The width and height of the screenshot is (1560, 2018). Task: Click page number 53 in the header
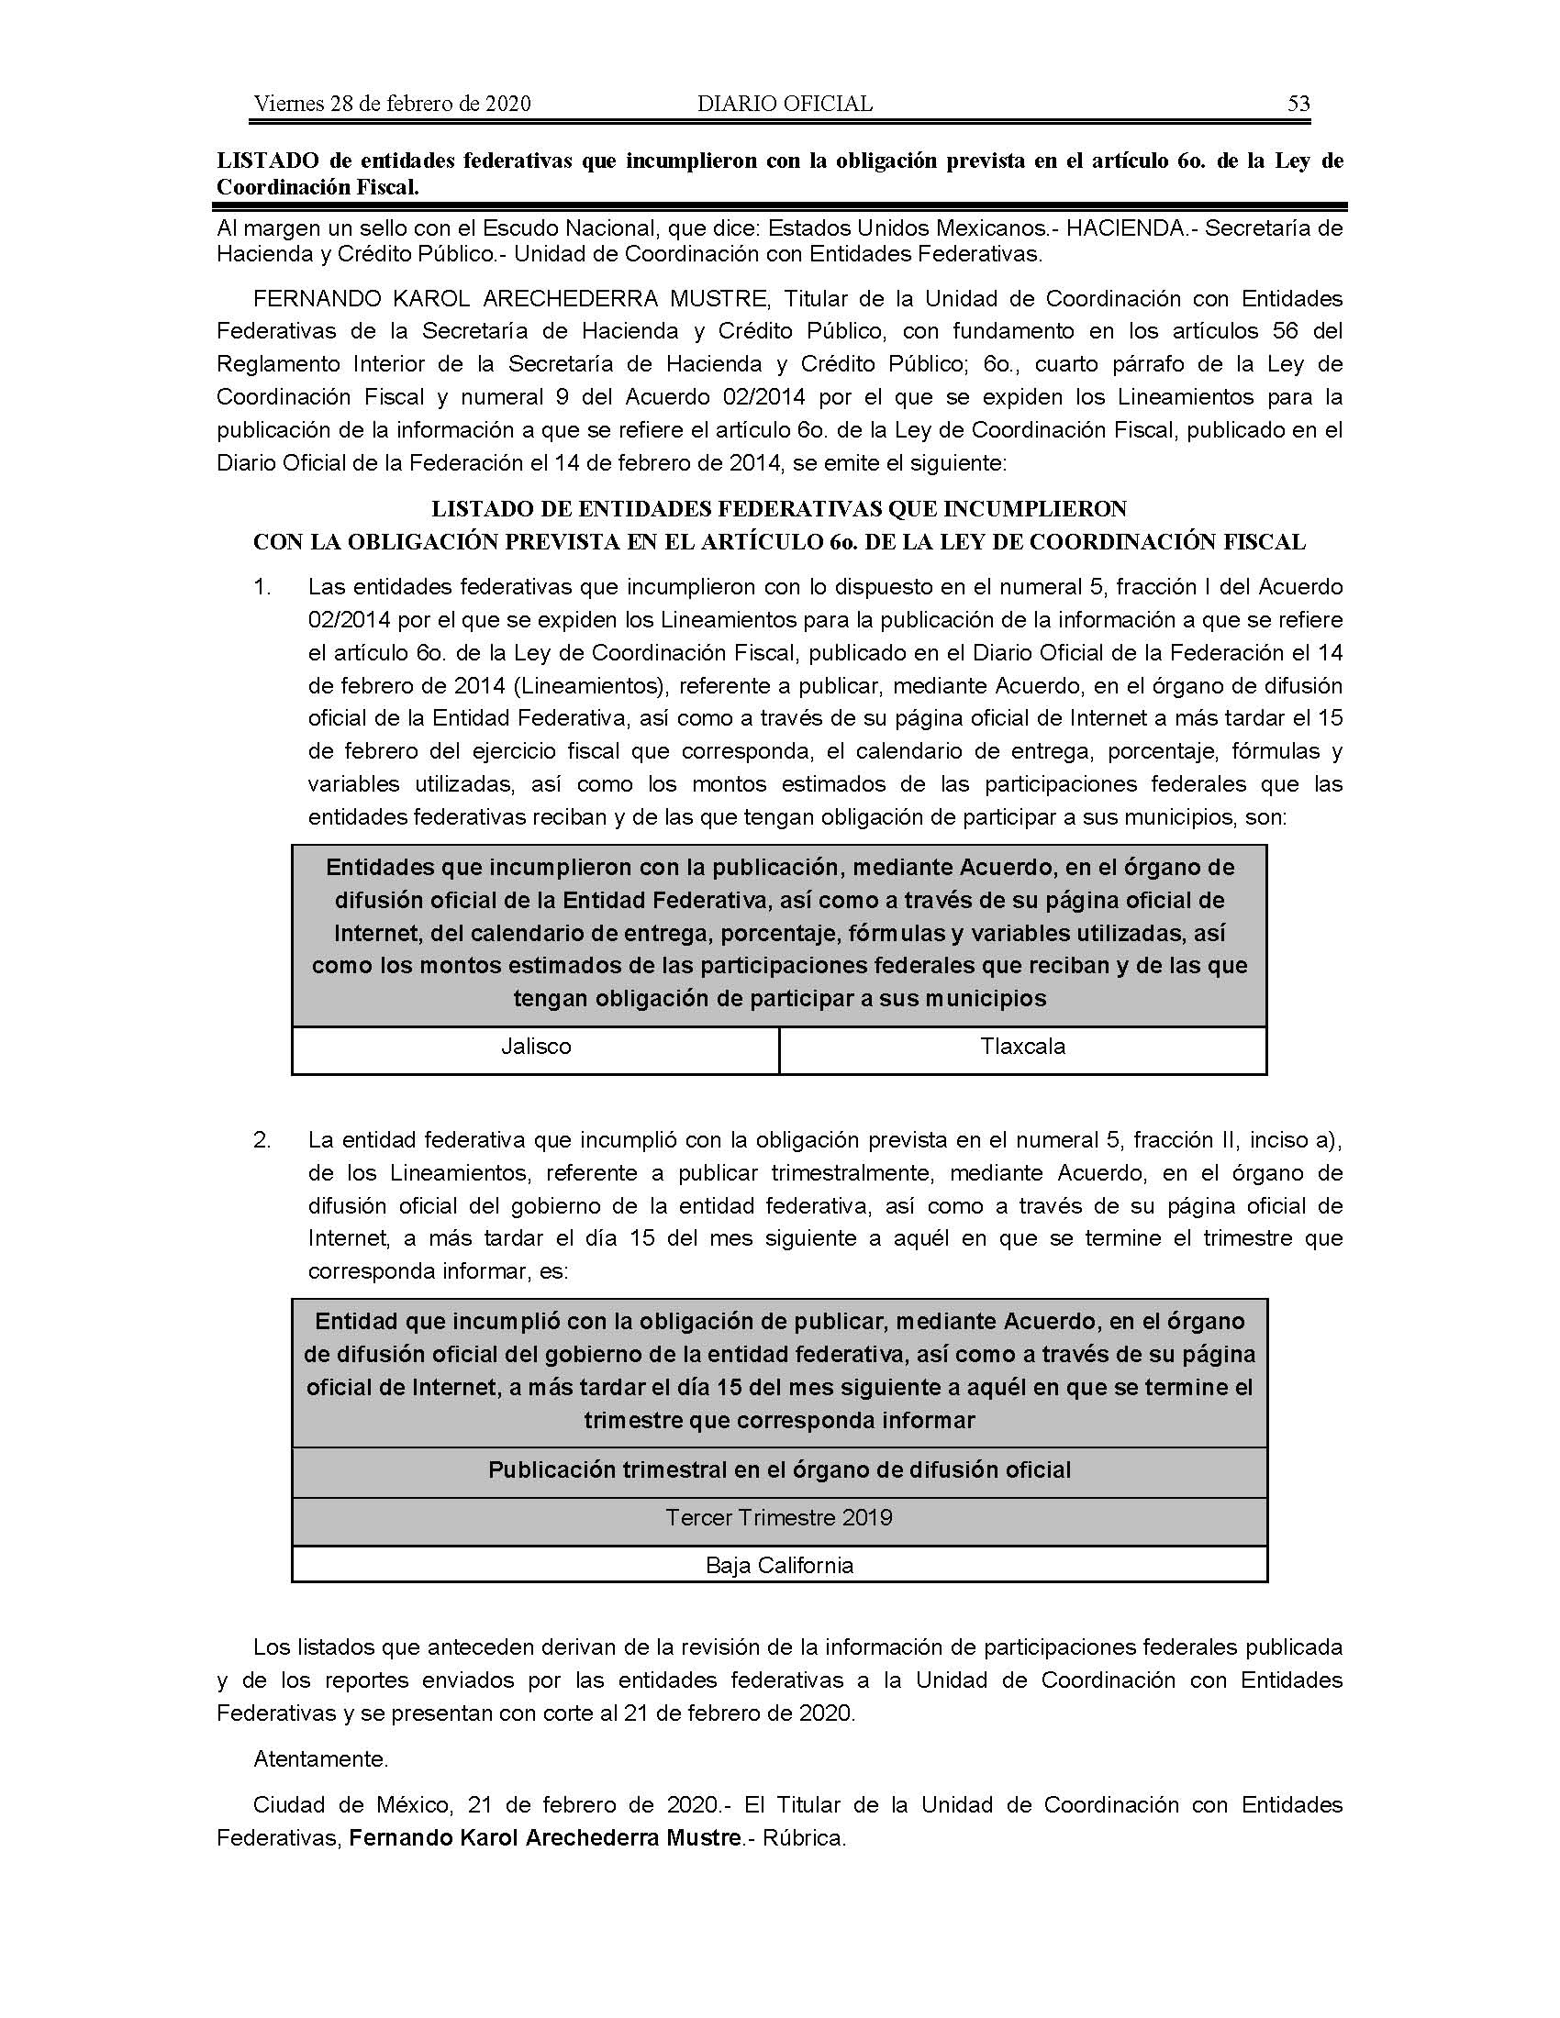click(1298, 104)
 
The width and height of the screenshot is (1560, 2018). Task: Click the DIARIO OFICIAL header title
click(785, 104)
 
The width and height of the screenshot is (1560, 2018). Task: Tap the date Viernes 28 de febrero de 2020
click(392, 104)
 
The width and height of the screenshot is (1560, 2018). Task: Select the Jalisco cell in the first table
click(536, 1046)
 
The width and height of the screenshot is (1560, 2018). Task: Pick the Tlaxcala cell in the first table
click(1022, 1046)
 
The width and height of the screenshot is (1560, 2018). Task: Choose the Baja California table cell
click(779, 1565)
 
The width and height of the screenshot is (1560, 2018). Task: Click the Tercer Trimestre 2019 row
click(779, 1517)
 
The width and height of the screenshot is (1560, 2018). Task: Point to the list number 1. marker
click(263, 587)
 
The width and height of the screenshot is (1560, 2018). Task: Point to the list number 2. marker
click(263, 1140)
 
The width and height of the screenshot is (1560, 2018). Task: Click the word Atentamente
click(320, 1758)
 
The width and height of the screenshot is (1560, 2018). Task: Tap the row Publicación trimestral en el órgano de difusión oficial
click(779, 1470)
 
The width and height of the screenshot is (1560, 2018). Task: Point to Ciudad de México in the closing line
click(355, 1804)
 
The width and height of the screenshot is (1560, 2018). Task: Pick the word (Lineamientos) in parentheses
click(589, 685)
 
